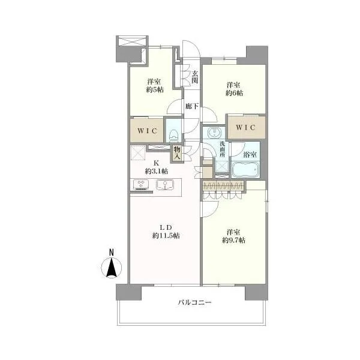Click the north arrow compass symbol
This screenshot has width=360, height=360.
click(x=112, y=268)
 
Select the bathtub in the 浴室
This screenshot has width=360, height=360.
click(x=245, y=170)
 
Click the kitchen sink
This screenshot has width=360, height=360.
click(x=165, y=185)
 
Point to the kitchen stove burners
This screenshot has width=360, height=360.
click(x=141, y=185)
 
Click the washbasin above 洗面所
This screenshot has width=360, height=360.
click(x=214, y=133)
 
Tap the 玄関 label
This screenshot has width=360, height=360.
click(x=195, y=77)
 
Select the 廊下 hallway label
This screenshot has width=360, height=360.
click(x=192, y=106)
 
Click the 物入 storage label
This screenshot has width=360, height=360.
click(x=177, y=154)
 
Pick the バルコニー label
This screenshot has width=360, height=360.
click(x=194, y=302)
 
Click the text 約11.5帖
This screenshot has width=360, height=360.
click(x=166, y=236)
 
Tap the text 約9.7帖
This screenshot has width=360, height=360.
click(x=233, y=240)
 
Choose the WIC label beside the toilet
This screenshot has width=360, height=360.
click(x=147, y=131)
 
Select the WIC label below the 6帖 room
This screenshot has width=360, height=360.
click(x=245, y=127)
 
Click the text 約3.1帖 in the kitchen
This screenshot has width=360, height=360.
click(x=157, y=171)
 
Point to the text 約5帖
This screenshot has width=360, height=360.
click(x=155, y=89)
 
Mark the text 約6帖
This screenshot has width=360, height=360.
click(x=234, y=93)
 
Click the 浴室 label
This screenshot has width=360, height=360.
click(x=250, y=155)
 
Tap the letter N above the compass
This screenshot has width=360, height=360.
click(x=112, y=253)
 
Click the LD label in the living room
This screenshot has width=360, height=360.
click(x=166, y=227)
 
